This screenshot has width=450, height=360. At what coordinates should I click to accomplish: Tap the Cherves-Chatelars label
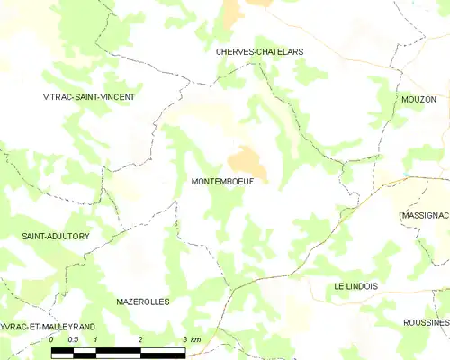[x=259, y=51]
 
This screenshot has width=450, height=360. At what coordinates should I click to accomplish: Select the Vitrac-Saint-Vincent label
[x=89, y=95]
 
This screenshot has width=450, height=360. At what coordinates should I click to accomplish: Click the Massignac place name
[x=424, y=217]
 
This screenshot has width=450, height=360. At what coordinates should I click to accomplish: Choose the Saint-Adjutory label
[x=56, y=236]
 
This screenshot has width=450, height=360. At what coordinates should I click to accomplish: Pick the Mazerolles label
[x=142, y=301]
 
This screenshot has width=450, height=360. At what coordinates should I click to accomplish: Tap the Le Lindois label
[x=355, y=285]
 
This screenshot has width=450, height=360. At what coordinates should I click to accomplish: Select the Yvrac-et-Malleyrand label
[x=46, y=326]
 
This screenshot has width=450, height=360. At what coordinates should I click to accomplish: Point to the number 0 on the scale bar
[x=51, y=339]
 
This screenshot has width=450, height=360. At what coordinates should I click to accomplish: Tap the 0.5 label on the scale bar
[x=73, y=339]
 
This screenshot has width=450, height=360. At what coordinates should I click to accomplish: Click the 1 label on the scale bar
[x=95, y=339]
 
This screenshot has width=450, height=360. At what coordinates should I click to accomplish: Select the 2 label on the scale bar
[x=140, y=339]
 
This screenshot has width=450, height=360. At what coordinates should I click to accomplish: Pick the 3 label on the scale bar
[x=184, y=339]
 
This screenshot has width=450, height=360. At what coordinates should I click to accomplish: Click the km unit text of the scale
[x=196, y=339]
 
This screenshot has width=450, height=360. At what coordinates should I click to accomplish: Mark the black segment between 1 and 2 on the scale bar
[x=118, y=350]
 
